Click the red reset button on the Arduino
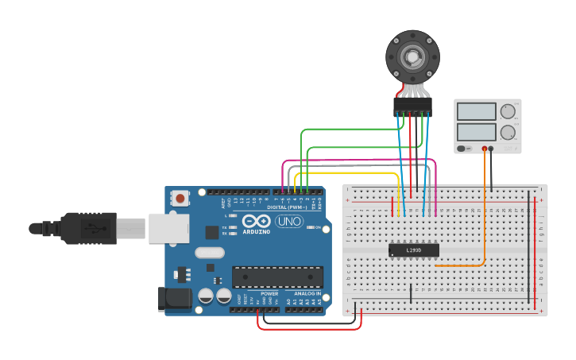tap(181, 198)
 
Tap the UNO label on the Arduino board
tap(289, 222)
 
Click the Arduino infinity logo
tap(257, 222)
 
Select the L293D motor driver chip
tap(413, 250)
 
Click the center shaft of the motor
tap(412, 56)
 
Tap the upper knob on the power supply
tap(508, 111)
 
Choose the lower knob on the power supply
tap(508, 131)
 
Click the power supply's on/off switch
tap(462, 149)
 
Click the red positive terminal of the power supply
tap(485, 149)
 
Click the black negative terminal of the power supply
tap(492, 149)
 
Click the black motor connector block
tap(413, 106)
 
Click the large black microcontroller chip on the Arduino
tap(277, 277)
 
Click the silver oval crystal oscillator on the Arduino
tap(208, 254)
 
